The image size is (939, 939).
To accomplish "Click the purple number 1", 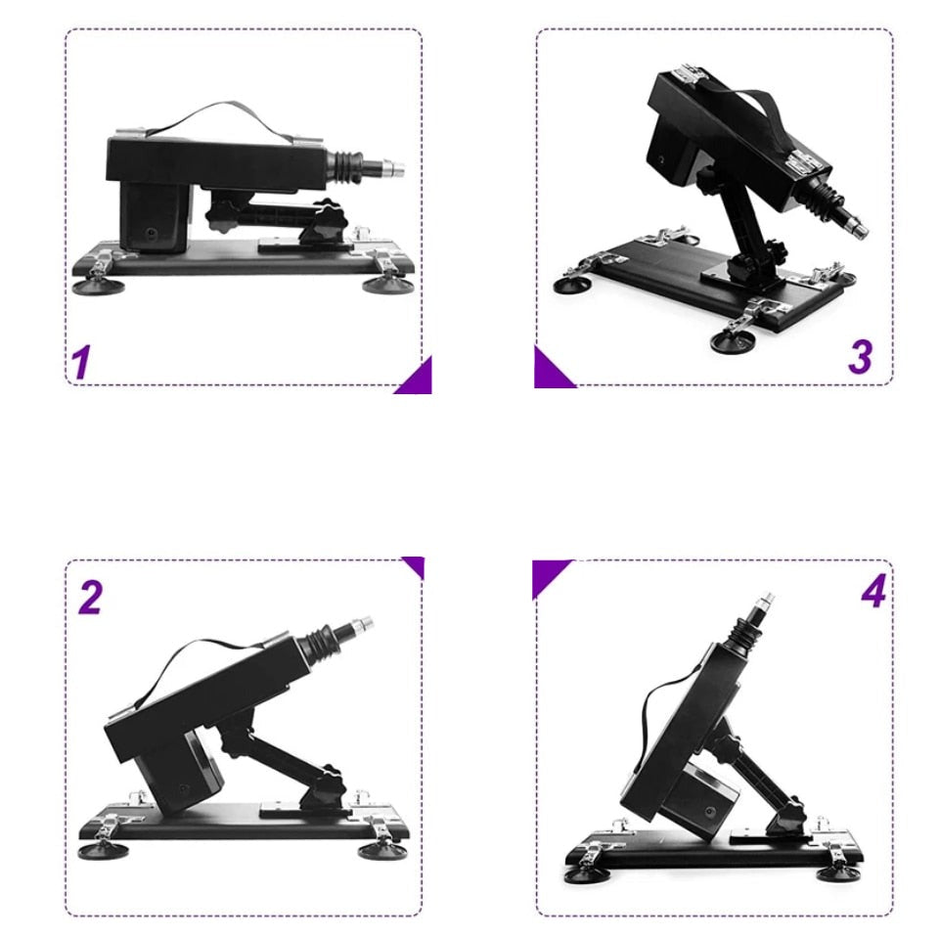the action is (81, 362).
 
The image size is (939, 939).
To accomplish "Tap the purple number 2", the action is (90, 597).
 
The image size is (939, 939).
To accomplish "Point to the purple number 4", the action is (873, 592).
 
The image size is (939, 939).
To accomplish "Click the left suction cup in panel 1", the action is (98, 287).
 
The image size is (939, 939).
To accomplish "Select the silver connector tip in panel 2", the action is (361, 625).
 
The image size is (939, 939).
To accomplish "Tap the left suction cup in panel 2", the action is (103, 850).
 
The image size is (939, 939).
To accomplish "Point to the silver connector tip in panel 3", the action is (857, 227).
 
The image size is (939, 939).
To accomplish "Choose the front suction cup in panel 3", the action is (733, 342).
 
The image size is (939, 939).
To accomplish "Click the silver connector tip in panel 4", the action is (765, 602).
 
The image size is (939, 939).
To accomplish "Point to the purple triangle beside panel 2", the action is (416, 564).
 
